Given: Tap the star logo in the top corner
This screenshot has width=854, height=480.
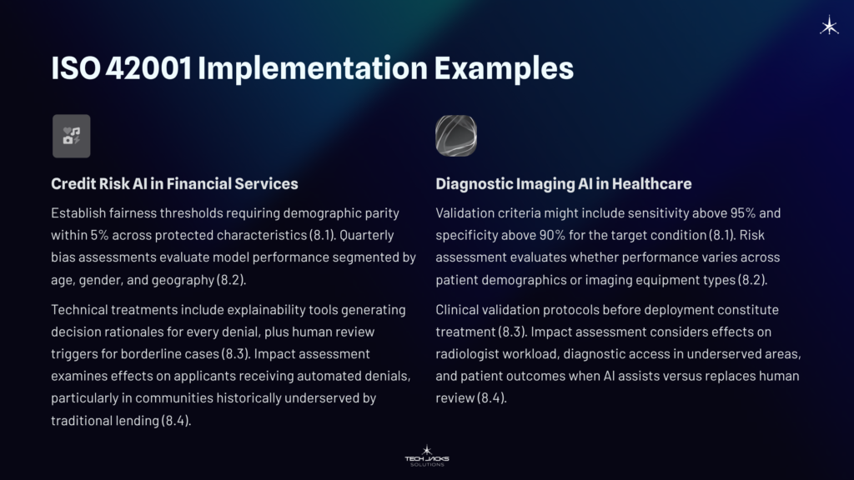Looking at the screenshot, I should click(x=829, y=27).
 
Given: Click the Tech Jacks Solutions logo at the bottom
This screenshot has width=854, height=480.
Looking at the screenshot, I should click(x=427, y=456).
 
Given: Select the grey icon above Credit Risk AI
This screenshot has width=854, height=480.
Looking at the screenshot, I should click(x=72, y=136).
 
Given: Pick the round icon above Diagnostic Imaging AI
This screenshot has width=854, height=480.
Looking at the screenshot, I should click(x=456, y=136).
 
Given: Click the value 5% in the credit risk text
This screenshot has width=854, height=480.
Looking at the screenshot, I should click(x=99, y=235).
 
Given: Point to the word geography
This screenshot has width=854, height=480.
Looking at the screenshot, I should click(x=193, y=278).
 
